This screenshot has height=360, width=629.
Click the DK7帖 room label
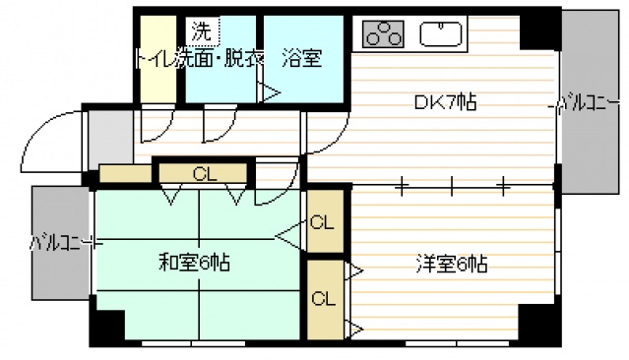[445, 102]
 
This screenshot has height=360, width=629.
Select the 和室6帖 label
[196, 263]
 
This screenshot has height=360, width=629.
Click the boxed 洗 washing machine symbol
[200, 31]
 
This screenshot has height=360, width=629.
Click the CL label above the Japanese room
[204, 175]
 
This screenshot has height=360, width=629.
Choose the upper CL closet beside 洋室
[322, 222]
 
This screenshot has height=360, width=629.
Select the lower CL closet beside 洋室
[322, 297]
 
